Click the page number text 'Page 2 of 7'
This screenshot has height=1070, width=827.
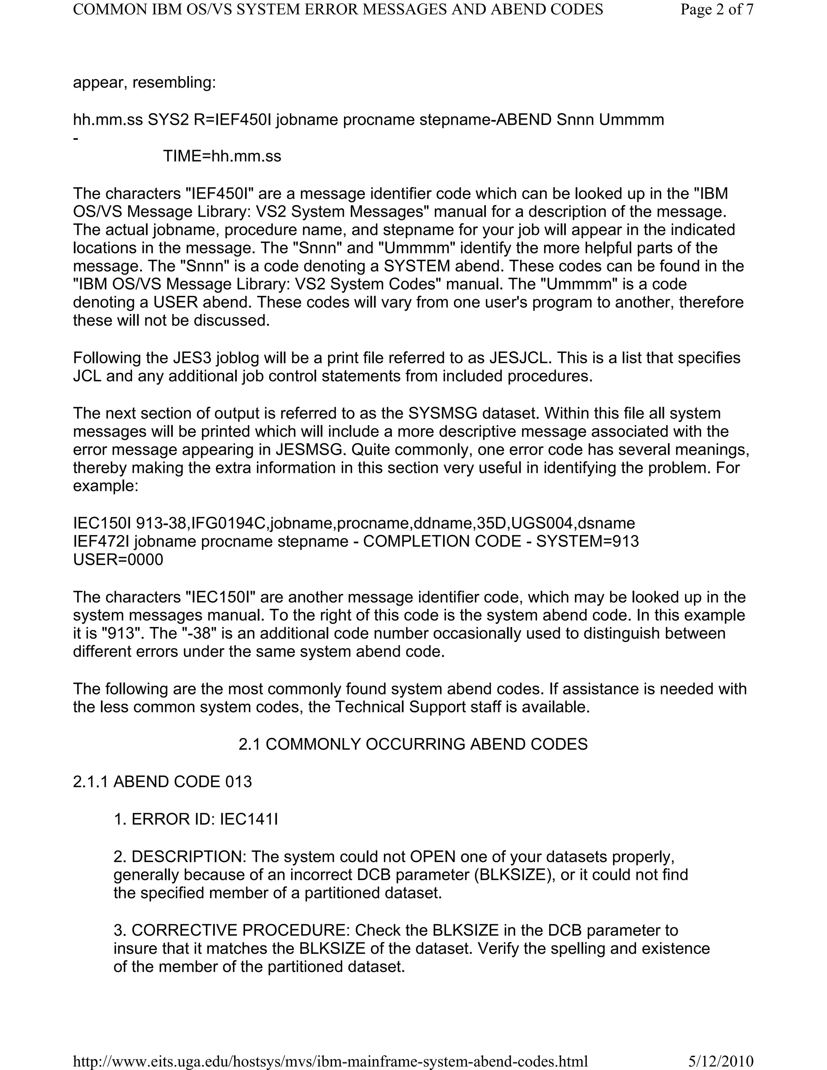coord(716,9)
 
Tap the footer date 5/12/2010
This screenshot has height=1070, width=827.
coord(721,1061)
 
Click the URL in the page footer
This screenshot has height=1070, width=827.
coord(330,1061)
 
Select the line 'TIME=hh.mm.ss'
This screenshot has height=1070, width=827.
coord(222,156)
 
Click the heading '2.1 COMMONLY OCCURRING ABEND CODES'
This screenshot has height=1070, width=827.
coord(413,744)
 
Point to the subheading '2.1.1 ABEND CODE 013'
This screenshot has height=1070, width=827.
coord(162,781)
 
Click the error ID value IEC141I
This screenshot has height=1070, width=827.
coord(249,819)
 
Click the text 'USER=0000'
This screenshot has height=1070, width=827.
coord(118,560)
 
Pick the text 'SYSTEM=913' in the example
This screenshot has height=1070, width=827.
coord(588,541)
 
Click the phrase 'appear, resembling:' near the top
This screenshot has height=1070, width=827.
coord(145,82)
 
